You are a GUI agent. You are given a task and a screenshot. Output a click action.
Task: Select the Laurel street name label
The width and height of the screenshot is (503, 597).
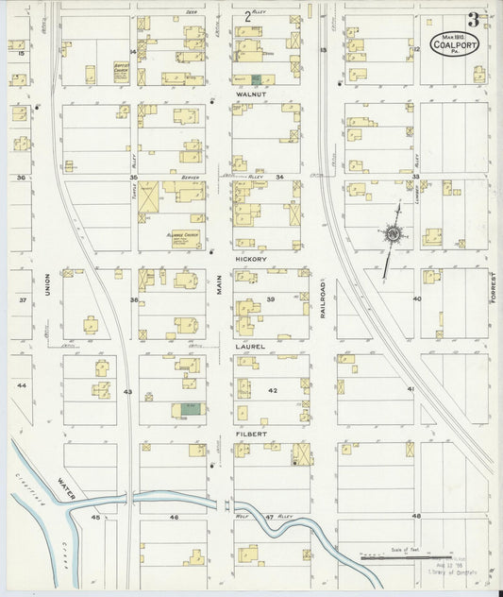pyautogui.click(x=250, y=347)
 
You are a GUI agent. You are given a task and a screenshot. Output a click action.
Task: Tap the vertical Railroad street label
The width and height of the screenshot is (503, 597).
pyautogui.click(x=322, y=298)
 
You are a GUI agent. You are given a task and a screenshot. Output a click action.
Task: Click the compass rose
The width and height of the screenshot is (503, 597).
pyautogui.click(x=392, y=231)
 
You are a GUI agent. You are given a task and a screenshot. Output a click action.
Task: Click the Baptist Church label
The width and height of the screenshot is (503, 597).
pyautogui.click(x=120, y=69)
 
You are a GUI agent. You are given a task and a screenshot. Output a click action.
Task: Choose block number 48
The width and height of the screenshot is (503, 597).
pyautogui.click(x=415, y=517)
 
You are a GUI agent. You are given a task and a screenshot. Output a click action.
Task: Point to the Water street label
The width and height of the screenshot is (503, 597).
pyautogui.click(x=64, y=486)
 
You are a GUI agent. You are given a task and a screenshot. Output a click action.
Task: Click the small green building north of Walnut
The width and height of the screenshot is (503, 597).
pyautogui.click(x=256, y=77)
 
